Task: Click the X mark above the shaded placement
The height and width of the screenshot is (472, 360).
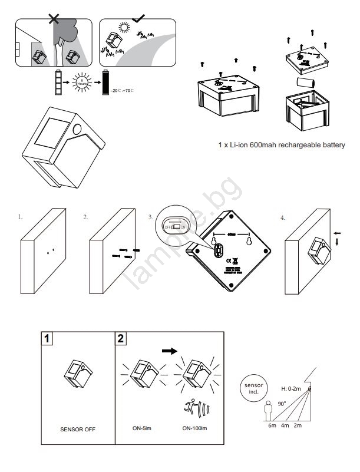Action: point(54,18)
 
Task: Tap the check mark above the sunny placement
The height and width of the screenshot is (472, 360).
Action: point(140,18)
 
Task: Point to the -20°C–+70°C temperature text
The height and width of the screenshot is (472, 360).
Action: point(122,91)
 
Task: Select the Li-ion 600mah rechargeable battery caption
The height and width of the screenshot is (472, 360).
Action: point(281,144)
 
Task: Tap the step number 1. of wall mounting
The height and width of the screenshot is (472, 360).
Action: point(21,217)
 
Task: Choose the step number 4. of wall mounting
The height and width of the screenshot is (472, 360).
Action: point(283,217)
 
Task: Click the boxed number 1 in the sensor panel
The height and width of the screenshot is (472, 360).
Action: point(47,339)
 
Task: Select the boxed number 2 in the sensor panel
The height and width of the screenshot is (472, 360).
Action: point(121,339)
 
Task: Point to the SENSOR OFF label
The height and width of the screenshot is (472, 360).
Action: point(77,428)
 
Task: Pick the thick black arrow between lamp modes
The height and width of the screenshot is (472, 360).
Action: point(169,350)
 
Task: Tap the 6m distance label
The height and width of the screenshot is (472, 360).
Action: point(272,426)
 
